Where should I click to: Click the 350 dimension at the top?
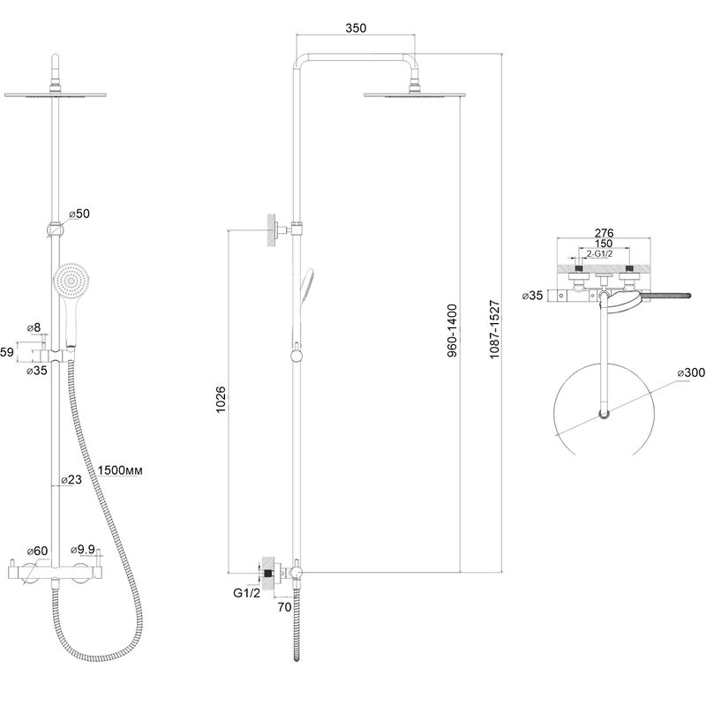pyautogui.click(x=356, y=28)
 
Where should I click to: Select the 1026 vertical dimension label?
pyautogui.click(x=221, y=400)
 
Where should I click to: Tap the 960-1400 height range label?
pyautogui.click(x=452, y=331)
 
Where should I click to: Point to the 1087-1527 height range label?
pyautogui.click(x=495, y=329)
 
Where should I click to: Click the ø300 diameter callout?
pyautogui.click(x=691, y=372)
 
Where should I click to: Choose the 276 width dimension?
pyautogui.click(x=605, y=233)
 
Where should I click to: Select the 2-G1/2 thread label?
pyautogui.click(x=599, y=254)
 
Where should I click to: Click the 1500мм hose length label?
pyautogui.click(x=120, y=470)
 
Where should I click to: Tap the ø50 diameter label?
pyautogui.click(x=79, y=214)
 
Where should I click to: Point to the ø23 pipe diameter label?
pyautogui.click(x=71, y=479)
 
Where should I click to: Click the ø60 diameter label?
pyautogui.click(x=37, y=551)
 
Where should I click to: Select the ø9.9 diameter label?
pyautogui.click(x=83, y=550)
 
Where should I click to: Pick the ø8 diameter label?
pyautogui.click(x=34, y=327)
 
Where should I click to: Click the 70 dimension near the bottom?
pyautogui.click(x=284, y=607)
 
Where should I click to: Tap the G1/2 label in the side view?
pyautogui.click(x=247, y=593)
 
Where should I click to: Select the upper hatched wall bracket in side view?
pyautogui.click(x=272, y=230)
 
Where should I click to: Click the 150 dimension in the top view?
pyautogui.click(x=604, y=244)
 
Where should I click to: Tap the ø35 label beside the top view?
pyautogui.click(x=532, y=296)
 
